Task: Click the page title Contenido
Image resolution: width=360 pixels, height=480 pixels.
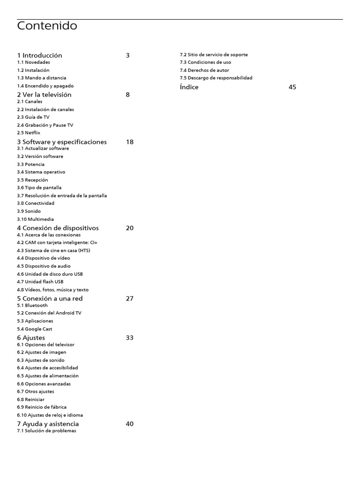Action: (x=47, y=26)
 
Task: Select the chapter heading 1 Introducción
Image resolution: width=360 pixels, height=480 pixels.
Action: (x=39, y=55)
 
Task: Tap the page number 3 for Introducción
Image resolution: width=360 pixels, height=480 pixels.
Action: (x=127, y=55)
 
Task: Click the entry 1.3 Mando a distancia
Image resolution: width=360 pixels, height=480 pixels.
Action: (x=42, y=78)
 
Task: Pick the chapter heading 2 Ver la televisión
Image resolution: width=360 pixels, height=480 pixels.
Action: (x=44, y=95)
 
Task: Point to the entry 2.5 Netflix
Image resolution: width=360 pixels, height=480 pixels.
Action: (x=29, y=133)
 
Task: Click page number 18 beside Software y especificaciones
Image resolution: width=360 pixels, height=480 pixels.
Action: (x=130, y=142)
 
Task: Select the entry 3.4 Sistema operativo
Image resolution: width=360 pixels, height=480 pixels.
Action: (x=41, y=172)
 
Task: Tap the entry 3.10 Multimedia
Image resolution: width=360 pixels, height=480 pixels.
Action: (x=36, y=219)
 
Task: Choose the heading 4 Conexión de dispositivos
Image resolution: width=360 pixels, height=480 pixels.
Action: (x=58, y=228)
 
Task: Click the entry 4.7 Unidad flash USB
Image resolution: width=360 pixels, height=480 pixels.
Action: (x=40, y=282)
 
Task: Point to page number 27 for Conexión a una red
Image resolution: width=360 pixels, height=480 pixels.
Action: (x=130, y=299)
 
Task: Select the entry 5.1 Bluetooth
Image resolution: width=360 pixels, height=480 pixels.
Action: (x=32, y=305)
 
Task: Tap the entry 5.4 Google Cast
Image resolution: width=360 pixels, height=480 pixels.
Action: (x=35, y=329)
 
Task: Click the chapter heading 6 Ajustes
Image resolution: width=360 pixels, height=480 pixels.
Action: (x=31, y=338)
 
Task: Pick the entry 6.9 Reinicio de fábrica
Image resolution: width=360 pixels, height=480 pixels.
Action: (x=42, y=407)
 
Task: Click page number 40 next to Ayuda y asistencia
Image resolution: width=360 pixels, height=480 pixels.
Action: (x=130, y=424)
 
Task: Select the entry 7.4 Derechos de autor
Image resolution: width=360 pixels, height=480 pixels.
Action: (x=204, y=70)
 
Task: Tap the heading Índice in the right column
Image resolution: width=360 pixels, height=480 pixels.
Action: (x=189, y=87)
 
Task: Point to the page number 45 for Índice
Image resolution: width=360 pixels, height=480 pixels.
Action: (x=292, y=87)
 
